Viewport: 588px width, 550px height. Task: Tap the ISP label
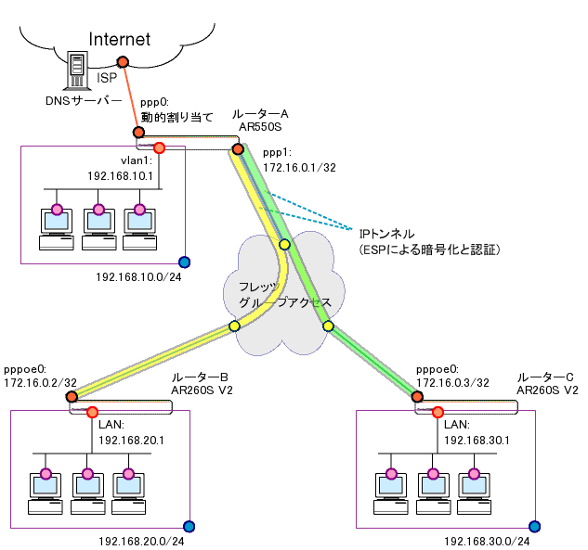[x=107, y=80]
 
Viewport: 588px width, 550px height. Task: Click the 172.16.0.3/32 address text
[x=452, y=381]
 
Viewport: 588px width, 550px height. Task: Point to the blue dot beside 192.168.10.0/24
[x=184, y=262]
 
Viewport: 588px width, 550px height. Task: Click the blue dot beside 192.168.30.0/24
[x=535, y=526]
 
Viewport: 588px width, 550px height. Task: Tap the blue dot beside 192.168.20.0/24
[x=189, y=526]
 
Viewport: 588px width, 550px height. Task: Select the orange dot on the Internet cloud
[x=122, y=63]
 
